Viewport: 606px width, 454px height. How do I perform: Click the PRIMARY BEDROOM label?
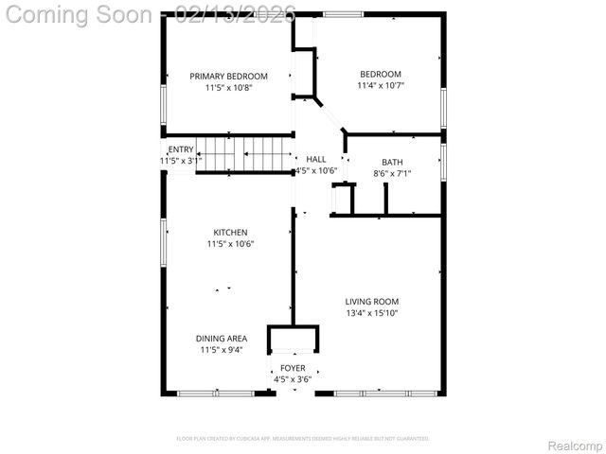(228, 77)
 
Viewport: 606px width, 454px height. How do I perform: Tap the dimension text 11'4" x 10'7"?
(380, 86)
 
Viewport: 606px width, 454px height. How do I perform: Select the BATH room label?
(392, 162)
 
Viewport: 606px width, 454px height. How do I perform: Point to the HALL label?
(316, 159)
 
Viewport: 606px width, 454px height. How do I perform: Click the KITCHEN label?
(230, 233)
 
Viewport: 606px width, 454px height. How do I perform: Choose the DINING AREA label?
(222, 339)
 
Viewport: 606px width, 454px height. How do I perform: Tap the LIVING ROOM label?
(371, 303)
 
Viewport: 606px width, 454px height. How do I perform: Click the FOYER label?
(293, 368)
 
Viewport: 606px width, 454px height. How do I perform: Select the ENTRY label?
(181, 149)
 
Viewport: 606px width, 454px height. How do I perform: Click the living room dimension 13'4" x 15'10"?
(371, 314)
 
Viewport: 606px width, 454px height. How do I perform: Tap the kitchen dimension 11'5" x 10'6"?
(230, 244)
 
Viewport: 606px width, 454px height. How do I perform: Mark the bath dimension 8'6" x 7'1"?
(392, 173)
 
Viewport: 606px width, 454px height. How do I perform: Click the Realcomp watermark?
(576, 445)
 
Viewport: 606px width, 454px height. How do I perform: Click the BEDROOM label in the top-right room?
(380, 75)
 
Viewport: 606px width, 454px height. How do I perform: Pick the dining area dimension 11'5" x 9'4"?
(222, 350)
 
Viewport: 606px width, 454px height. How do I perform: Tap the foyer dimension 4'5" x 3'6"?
(293, 379)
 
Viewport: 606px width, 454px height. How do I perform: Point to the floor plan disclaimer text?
(303, 439)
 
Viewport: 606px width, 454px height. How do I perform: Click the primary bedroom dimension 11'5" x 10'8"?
(228, 88)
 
